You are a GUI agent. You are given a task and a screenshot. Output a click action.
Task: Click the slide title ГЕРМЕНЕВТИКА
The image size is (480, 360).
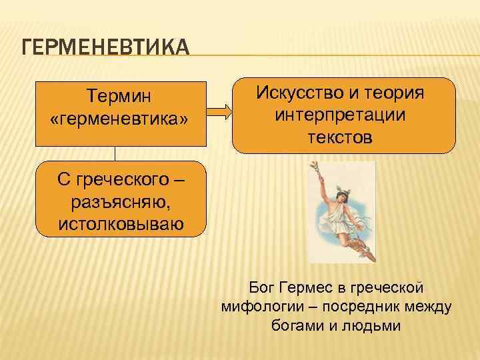pyautogui.click(x=105, y=49)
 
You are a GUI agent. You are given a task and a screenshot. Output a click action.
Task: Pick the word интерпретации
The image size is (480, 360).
pyautogui.click(x=340, y=116)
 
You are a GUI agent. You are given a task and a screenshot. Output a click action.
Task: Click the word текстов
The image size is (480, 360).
pyautogui.click(x=340, y=138)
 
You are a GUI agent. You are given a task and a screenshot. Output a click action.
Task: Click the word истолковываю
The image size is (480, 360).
pyautogui.click(x=120, y=223)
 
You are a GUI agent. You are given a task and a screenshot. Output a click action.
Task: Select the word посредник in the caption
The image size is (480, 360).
pyautogui.click(x=366, y=307)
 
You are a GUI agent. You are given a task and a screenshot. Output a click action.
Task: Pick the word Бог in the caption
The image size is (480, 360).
pyautogui.click(x=261, y=287)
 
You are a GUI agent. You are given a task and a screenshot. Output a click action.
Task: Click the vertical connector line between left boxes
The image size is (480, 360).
pyautogui.click(x=115, y=153)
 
